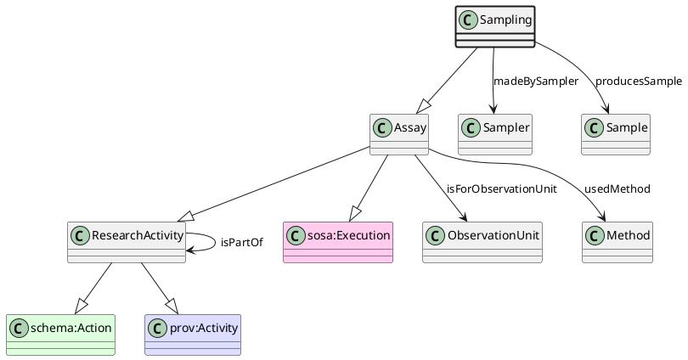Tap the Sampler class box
pyautogui.click(x=494, y=134)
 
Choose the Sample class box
pyautogui.click(x=616, y=134)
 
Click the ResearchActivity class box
pyautogui.click(x=126, y=242)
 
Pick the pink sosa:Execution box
pyautogui.click(x=338, y=242)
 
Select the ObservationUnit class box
pyautogui.click(x=482, y=242)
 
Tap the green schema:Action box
pyautogui.click(x=60, y=335)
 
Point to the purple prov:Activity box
pyautogui.click(x=193, y=335)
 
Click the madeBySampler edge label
pyautogui.click(x=535, y=82)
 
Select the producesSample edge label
pyautogui.click(x=638, y=82)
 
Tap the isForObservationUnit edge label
pyautogui.click(x=501, y=188)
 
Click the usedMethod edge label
pyautogui.click(x=617, y=188)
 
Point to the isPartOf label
pyautogui.click(x=241, y=243)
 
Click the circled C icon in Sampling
pyautogui.click(x=467, y=18)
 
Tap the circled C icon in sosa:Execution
pyautogui.click(x=296, y=234)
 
